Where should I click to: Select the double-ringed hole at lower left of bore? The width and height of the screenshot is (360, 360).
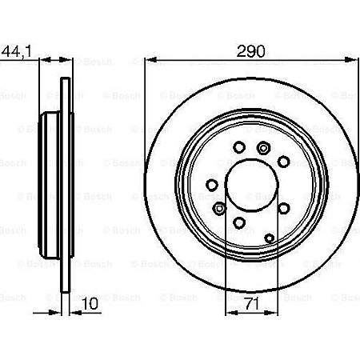pos(219,209)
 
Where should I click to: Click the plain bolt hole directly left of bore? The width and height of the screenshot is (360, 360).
pos(212,186)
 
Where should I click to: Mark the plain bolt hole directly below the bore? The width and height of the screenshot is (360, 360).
pos(239,224)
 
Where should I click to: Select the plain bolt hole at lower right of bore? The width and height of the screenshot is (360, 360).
pos(284,207)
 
